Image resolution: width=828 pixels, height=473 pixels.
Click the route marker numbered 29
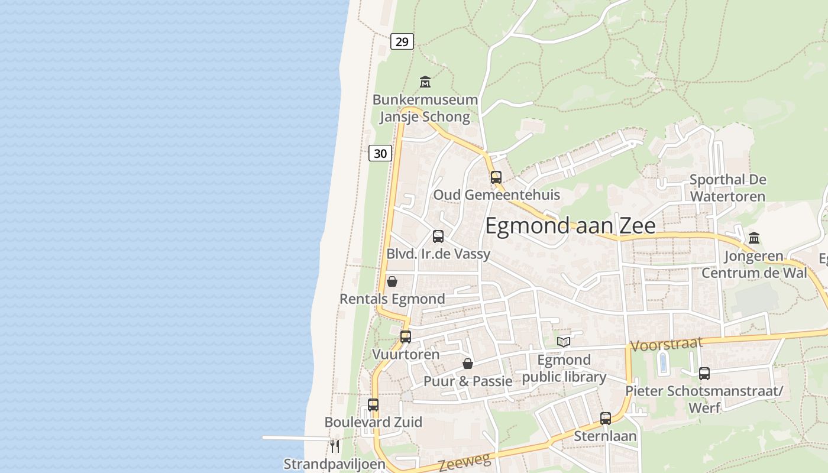click(x=402, y=41)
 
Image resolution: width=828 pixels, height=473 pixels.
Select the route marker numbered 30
click(x=380, y=153)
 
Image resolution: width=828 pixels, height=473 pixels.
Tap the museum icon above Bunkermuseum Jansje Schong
click(x=425, y=82)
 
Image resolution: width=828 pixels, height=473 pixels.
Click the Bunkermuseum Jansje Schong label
click(x=425, y=108)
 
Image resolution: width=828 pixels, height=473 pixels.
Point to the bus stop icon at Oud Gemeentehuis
click(x=496, y=177)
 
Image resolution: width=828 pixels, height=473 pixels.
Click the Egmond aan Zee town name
click(x=570, y=226)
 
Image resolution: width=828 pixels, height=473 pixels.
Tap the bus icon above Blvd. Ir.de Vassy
click(x=438, y=237)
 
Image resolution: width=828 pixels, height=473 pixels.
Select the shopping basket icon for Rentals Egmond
click(x=392, y=281)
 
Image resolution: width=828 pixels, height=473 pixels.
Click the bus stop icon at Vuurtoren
click(x=406, y=337)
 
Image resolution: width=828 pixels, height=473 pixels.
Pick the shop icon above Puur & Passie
click(x=468, y=364)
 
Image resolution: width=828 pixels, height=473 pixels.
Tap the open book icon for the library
click(x=564, y=342)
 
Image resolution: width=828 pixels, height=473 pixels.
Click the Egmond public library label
click(x=564, y=368)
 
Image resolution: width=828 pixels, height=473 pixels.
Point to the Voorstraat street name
click(x=667, y=344)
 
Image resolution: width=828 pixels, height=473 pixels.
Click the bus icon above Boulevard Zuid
click(x=373, y=405)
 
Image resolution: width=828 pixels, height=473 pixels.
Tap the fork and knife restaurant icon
click(x=335, y=445)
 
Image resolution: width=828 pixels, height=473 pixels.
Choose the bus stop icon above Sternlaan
click(x=606, y=419)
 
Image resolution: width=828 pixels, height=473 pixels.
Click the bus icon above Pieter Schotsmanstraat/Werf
click(x=704, y=374)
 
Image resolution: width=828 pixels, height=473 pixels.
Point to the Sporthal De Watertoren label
click(x=728, y=187)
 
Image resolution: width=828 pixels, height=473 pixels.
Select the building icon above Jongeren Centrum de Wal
click(x=754, y=238)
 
